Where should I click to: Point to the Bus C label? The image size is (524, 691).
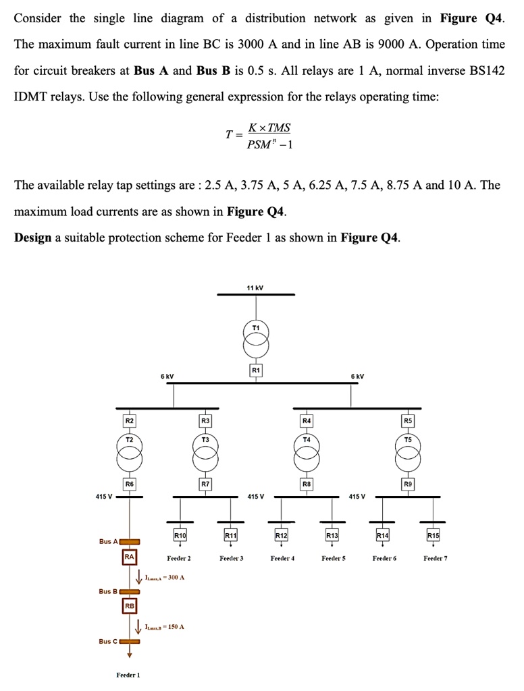click(x=108, y=641)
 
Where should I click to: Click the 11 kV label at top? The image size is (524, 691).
click(x=255, y=288)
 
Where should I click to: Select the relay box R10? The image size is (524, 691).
click(x=180, y=535)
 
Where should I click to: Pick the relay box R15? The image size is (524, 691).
click(x=433, y=535)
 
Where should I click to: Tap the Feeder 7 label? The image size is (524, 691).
click(x=435, y=558)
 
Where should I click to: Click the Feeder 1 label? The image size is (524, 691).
click(x=128, y=675)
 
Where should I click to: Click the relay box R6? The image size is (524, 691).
click(x=130, y=483)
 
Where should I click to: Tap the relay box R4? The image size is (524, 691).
click(x=306, y=421)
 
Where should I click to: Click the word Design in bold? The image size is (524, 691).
click(x=33, y=238)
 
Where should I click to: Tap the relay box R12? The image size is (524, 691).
click(x=282, y=535)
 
